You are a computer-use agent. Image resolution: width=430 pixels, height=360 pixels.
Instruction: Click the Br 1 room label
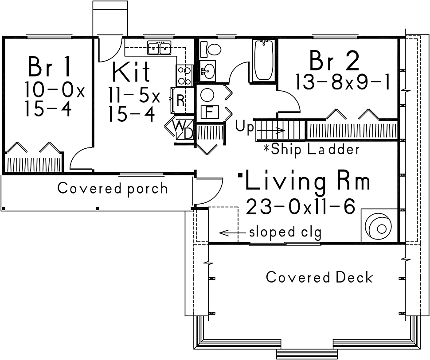(x=49, y=66)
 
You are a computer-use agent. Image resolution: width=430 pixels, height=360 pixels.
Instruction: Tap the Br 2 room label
(x=334, y=61)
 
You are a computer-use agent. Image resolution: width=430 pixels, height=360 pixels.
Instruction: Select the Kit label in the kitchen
(x=131, y=71)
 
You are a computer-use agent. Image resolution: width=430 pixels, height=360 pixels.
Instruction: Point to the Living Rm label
(x=308, y=180)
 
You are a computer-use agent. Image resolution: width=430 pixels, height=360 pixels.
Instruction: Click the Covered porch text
(x=113, y=189)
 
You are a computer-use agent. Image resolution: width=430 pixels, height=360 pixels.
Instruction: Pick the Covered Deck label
(x=320, y=277)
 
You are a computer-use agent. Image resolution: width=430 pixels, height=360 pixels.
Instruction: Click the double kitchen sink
(x=159, y=48)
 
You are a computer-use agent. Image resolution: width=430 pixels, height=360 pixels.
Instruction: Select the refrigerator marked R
(x=179, y=100)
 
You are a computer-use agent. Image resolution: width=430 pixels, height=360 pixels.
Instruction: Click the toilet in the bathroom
(x=210, y=50)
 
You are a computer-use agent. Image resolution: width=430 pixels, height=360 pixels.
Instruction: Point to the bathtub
(x=264, y=60)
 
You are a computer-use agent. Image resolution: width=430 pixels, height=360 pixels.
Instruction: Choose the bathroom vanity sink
(x=207, y=71)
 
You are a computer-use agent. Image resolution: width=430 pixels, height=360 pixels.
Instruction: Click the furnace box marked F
(x=210, y=112)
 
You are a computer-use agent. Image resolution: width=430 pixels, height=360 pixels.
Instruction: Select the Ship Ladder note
(x=312, y=150)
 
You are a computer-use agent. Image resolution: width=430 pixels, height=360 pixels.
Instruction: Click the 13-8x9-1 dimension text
(x=342, y=82)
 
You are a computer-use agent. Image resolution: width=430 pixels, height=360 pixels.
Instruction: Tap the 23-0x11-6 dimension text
(x=301, y=206)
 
